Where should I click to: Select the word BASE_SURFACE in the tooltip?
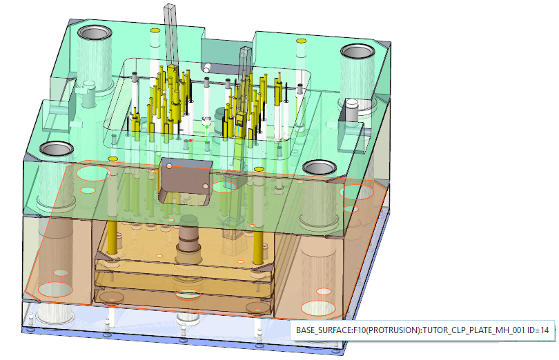click(x=324, y=330)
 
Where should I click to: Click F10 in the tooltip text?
click(x=360, y=330)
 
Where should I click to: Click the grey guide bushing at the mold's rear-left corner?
click(x=95, y=33)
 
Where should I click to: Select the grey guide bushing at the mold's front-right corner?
click(x=320, y=167)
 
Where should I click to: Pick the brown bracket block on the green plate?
click(x=186, y=181)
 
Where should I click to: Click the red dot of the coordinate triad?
click(x=190, y=141)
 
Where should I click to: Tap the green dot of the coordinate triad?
click(x=207, y=127)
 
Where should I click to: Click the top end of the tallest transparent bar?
click(x=170, y=6)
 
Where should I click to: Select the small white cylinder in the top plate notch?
click(x=206, y=68)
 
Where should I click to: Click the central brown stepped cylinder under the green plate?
click(x=188, y=239)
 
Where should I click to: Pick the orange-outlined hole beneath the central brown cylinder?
click(x=188, y=294)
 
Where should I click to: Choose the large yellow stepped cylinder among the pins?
click(x=176, y=106)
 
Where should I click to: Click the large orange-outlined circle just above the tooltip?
click(x=318, y=308)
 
